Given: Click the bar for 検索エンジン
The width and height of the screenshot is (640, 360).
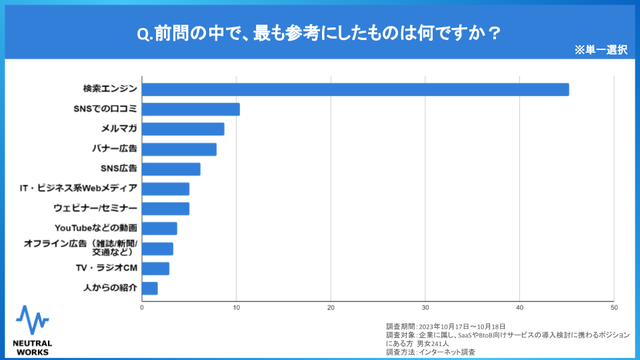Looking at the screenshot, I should pyautogui.click(x=355, y=89).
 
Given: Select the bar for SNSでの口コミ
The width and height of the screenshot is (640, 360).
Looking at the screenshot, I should pyautogui.click(x=191, y=109).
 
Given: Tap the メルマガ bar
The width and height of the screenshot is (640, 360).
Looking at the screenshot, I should pyautogui.click(x=183, y=129).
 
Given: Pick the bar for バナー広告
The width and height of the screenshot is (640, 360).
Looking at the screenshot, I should pyautogui.click(x=179, y=149).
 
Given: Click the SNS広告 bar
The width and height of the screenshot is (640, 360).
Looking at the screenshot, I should pyautogui.click(x=171, y=169).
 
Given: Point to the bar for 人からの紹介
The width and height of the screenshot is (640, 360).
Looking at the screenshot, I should pyautogui.click(x=150, y=288).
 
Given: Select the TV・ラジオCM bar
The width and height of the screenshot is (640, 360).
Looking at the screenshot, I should pyautogui.click(x=156, y=269).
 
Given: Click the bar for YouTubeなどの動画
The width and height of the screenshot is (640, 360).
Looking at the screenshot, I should pyautogui.click(x=159, y=229).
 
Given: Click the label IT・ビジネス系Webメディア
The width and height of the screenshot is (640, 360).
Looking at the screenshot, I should pyautogui.click(x=79, y=189).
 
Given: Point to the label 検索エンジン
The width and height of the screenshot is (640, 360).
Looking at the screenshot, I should pyautogui.click(x=110, y=89).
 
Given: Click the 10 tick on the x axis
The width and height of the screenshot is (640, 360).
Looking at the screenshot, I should pyautogui.click(x=236, y=307).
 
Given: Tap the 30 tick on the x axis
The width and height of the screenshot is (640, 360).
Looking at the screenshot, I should pyautogui.click(x=425, y=307).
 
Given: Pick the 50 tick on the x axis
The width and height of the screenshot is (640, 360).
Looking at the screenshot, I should pyautogui.click(x=613, y=307).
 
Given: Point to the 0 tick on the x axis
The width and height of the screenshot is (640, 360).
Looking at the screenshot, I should pyautogui.click(x=142, y=307).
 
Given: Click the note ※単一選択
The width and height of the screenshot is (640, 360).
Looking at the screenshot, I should pyautogui.click(x=600, y=50).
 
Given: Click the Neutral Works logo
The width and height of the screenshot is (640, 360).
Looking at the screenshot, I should pyautogui.click(x=32, y=330).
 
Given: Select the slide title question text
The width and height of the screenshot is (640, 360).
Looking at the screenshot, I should pyautogui.click(x=319, y=33).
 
